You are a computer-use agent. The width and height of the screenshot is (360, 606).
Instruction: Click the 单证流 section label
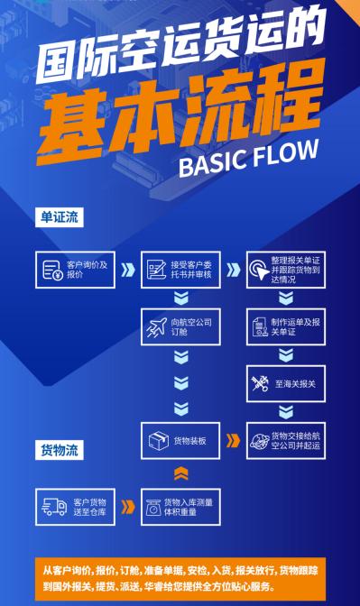click(x=60, y=217)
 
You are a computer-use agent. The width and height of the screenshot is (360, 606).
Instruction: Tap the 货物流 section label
click(x=60, y=448)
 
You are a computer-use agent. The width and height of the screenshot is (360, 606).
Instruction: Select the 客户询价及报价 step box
click(x=75, y=270)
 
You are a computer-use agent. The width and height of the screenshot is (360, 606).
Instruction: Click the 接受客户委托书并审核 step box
click(x=179, y=270)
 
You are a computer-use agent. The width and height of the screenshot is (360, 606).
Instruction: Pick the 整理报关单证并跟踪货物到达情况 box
click(x=284, y=270)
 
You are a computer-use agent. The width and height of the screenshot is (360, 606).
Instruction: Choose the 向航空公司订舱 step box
click(x=179, y=325)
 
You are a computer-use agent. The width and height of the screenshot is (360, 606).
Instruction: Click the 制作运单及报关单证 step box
click(x=284, y=325)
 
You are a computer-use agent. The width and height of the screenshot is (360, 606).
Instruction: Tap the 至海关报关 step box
click(x=284, y=383)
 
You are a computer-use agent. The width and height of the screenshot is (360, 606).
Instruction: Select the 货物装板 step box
click(x=179, y=441)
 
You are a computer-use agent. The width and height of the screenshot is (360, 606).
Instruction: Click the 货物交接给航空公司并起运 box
click(x=284, y=441)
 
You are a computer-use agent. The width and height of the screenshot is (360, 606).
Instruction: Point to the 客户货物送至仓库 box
click(x=75, y=507)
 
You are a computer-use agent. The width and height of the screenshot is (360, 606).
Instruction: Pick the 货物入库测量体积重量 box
click(x=179, y=507)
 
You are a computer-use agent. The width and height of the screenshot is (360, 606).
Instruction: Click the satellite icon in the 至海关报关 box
click(x=261, y=383)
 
